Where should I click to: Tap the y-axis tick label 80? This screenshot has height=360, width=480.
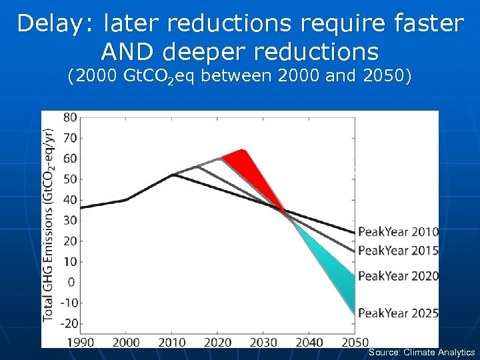[69, 117]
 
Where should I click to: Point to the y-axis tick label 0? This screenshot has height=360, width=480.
[72, 282]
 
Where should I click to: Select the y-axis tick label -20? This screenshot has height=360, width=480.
[67, 323]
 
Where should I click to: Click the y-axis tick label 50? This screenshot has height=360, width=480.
[69, 179]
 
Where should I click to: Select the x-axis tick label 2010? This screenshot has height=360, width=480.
[172, 342]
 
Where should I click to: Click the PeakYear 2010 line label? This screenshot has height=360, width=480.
[398, 233]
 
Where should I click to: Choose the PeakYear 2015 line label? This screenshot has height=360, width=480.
[398, 251]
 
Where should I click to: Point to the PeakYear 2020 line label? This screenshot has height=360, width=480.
[398, 276]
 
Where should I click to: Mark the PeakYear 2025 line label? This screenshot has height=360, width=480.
[398, 312]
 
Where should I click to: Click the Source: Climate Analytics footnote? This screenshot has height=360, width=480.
[421, 353]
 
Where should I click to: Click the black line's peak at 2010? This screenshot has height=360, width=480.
[173, 175]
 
